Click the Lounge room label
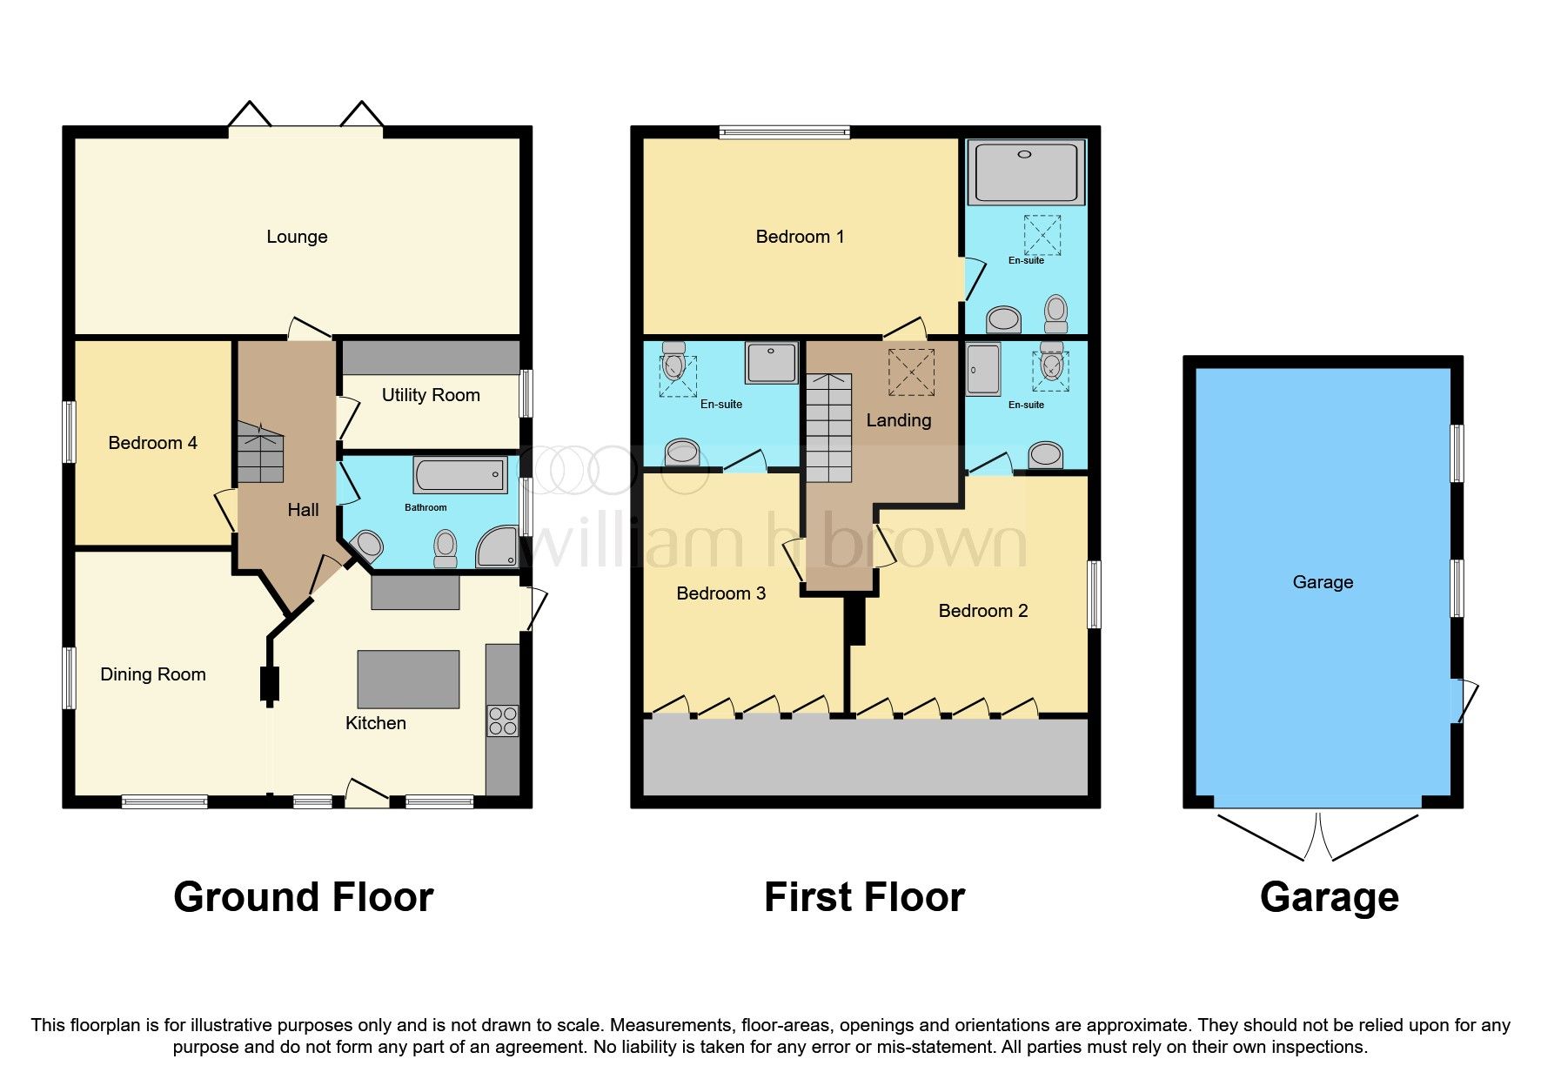(x=297, y=237)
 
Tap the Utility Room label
(x=431, y=395)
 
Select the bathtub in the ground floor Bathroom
(x=460, y=475)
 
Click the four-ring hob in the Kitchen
(x=503, y=720)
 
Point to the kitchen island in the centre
(x=408, y=680)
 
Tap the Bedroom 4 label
(x=152, y=443)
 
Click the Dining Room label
(x=153, y=674)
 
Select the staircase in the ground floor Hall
(x=260, y=452)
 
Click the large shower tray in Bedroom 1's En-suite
(x=1027, y=172)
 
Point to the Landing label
(x=899, y=420)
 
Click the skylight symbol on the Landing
(x=911, y=372)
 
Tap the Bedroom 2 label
(x=983, y=611)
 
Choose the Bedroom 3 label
(x=721, y=593)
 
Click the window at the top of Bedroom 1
(x=785, y=132)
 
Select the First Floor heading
(x=864, y=897)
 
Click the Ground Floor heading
(x=303, y=897)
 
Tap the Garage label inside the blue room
(x=1323, y=582)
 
